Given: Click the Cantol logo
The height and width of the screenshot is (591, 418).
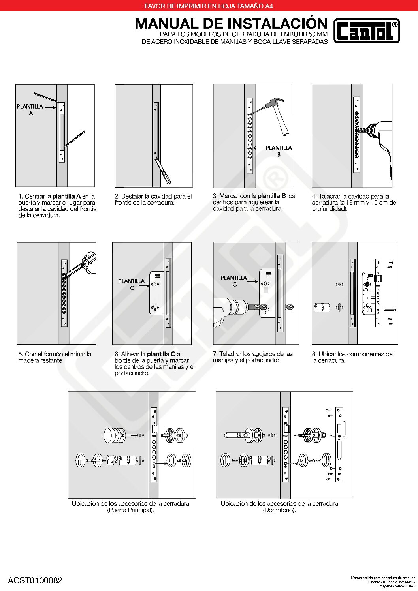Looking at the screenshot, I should pos(367,31).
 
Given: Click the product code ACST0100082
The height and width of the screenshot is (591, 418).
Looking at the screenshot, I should pos(35,580).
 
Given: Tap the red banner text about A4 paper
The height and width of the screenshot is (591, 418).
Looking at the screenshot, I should pos(209,6).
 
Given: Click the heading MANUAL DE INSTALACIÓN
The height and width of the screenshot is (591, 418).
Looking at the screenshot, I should pos(231,24).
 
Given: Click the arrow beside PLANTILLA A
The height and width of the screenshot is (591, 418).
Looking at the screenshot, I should pos(50,107).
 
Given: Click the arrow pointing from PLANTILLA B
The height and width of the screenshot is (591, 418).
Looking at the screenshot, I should pos(258,148).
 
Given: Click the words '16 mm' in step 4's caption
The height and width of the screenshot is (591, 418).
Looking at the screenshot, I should pos(355,203).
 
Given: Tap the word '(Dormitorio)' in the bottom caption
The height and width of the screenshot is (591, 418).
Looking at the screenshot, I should pos(279,510).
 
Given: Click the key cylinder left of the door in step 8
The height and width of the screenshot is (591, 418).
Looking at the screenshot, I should pos(322,306).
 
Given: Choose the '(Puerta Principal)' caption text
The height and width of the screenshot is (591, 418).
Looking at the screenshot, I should pos(130,510).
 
